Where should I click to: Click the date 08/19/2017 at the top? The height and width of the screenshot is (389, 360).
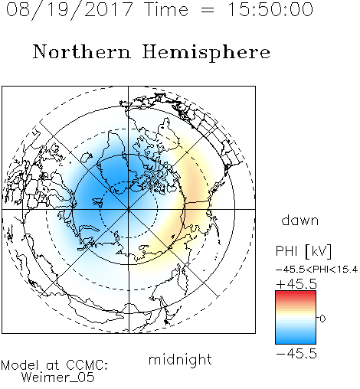69,10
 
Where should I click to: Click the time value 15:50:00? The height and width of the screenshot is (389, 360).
270,9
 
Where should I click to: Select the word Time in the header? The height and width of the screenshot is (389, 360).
166,9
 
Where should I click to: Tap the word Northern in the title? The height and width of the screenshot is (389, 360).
82,51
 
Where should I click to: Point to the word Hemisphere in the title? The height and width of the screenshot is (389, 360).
206,53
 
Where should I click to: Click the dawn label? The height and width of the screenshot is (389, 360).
300,220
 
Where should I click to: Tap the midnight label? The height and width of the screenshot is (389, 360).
180,359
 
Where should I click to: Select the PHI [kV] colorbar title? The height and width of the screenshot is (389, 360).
303,251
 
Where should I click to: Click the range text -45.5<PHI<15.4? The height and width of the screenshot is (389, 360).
316,270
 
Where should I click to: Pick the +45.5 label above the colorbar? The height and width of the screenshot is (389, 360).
296,284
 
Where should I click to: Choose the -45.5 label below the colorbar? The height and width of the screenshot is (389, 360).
296,354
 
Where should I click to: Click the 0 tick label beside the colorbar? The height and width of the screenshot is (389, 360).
322,319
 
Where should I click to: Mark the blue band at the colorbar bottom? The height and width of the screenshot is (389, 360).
296,341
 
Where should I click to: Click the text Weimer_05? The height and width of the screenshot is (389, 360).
58,378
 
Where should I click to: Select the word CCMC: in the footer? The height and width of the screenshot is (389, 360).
87,365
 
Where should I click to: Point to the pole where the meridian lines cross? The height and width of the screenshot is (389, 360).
129,209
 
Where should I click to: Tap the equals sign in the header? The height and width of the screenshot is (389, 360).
208,11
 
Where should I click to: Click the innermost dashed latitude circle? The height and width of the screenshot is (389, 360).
129,181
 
